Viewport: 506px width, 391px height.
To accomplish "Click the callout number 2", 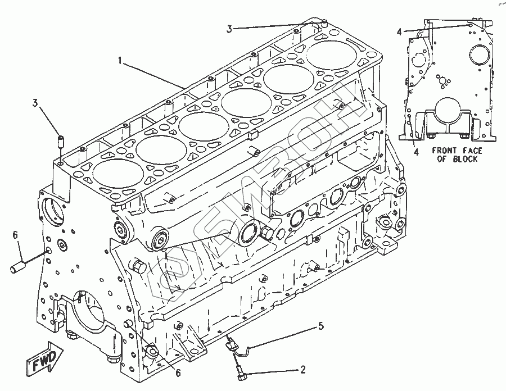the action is point(303,370).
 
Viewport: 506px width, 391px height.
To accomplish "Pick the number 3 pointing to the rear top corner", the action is point(230,28).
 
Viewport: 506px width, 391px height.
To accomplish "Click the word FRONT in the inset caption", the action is point(444,150).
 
